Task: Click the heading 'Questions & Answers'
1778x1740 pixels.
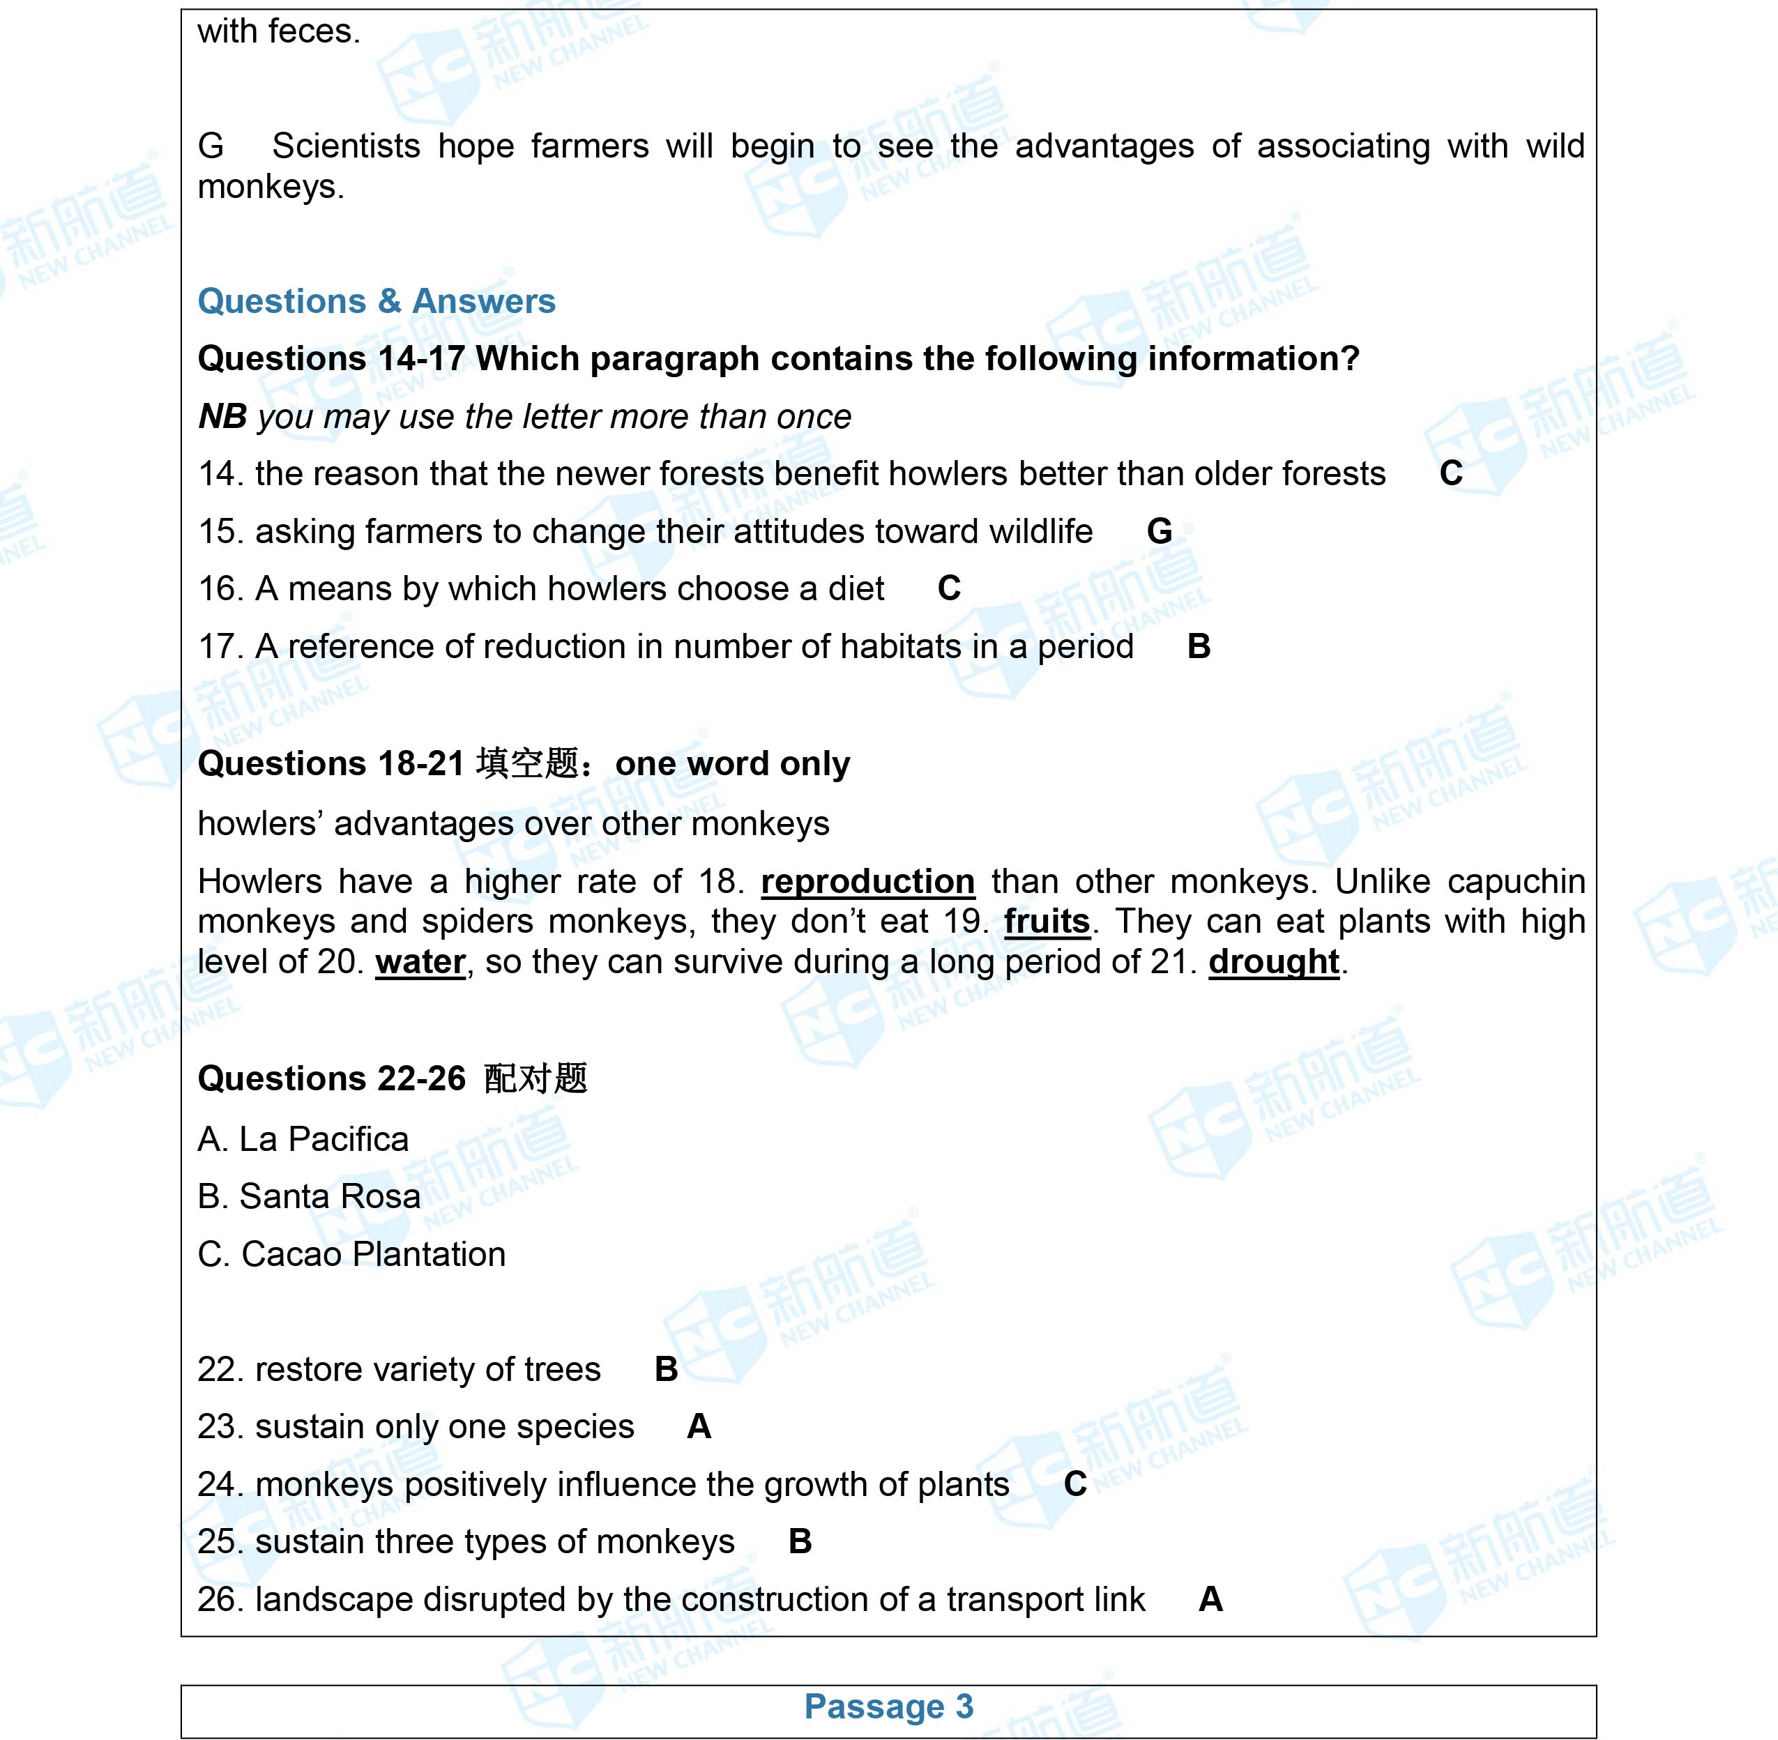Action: [376, 302]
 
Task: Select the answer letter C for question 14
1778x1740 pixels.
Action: [1451, 473]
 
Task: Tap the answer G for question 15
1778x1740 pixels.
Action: [1159, 531]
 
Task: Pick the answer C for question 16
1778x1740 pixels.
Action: [949, 588]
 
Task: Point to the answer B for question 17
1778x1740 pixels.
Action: [1199, 646]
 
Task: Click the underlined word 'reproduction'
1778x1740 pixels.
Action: [867, 882]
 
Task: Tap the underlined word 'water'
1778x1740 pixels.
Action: [420, 962]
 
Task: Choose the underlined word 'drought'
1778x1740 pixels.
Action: [1273, 962]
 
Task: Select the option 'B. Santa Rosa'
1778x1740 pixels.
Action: [309, 1197]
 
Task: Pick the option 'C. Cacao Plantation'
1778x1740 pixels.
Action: [351, 1255]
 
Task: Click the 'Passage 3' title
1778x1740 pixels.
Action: [888, 1706]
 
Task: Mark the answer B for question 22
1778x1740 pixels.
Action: [667, 1369]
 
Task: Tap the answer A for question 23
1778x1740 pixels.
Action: [699, 1426]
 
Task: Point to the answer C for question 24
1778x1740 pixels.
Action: [1075, 1484]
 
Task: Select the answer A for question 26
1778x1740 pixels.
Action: [1210, 1599]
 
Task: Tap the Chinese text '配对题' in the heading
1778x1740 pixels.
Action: [535, 1079]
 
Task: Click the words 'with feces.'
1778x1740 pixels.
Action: [279, 32]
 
